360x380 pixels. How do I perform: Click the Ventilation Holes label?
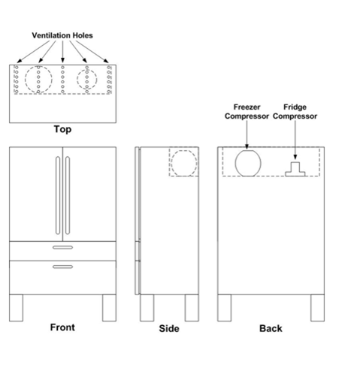click(x=62, y=35)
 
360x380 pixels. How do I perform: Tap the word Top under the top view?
click(x=62, y=129)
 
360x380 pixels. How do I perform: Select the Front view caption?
click(x=62, y=327)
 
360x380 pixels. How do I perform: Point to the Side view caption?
click(x=169, y=329)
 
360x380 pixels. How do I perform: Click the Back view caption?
click(x=271, y=328)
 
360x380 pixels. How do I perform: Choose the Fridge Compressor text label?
click(x=295, y=112)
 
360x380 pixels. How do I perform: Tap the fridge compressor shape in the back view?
click(x=295, y=168)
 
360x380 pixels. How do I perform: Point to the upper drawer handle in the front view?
click(x=62, y=246)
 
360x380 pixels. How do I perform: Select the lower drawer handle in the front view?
click(x=62, y=265)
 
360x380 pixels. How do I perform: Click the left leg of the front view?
click(x=18, y=307)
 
